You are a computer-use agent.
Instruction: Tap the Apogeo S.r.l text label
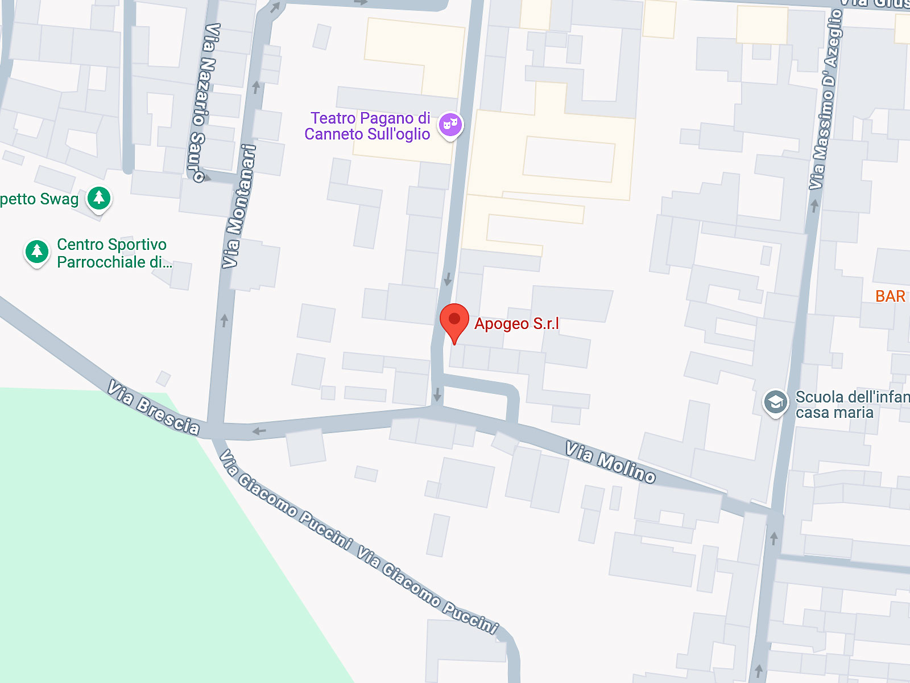click(x=516, y=324)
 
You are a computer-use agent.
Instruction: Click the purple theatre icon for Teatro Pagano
click(x=450, y=125)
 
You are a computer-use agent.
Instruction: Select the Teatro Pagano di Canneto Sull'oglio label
click(x=368, y=126)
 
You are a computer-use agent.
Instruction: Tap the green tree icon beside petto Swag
click(x=99, y=198)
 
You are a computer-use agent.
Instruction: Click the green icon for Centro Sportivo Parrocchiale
click(x=38, y=251)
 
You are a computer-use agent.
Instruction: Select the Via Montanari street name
click(x=239, y=206)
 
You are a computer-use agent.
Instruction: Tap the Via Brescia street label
click(x=154, y=408)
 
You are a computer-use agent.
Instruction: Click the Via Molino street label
click(x=610, y=462)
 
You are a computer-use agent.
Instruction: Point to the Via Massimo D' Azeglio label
click(x=825, y=100)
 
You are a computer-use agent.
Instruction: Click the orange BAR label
click(x=890, y=297)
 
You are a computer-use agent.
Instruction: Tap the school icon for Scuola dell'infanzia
click(x=775, y=402)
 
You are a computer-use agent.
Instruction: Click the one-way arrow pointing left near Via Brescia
click(x=259, y=431)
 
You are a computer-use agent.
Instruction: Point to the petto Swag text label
click(x=39, y=199)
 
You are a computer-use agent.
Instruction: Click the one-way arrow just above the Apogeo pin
click(x=448, y=279)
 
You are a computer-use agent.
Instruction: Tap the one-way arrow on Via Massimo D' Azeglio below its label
click(x=814, y=205)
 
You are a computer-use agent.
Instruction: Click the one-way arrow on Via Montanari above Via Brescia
click(x=225, y=320)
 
